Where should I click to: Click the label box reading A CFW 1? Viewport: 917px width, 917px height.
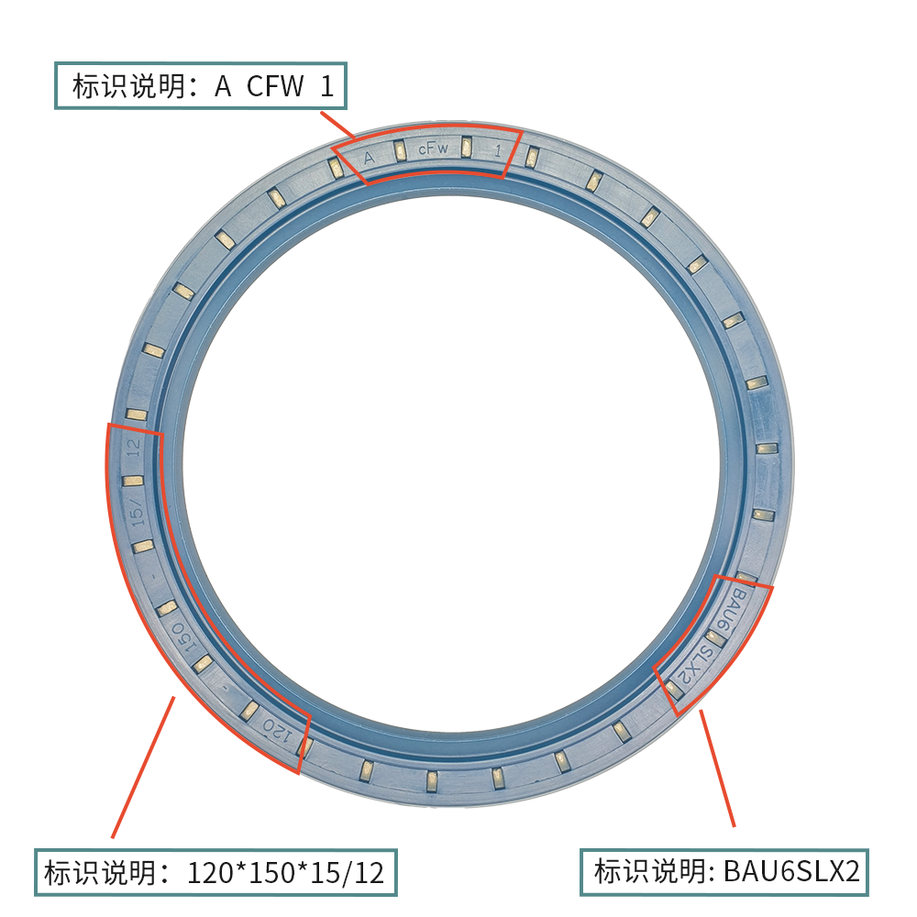point(201,86)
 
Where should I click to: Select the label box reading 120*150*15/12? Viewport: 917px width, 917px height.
point(215,871)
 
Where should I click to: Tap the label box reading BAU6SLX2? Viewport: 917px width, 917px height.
point(724,871)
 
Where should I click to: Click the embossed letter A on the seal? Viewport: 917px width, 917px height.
point(369,157)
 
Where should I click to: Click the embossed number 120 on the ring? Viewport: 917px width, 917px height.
point(276,731)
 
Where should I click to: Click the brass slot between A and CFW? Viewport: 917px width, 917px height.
point(400,149)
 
